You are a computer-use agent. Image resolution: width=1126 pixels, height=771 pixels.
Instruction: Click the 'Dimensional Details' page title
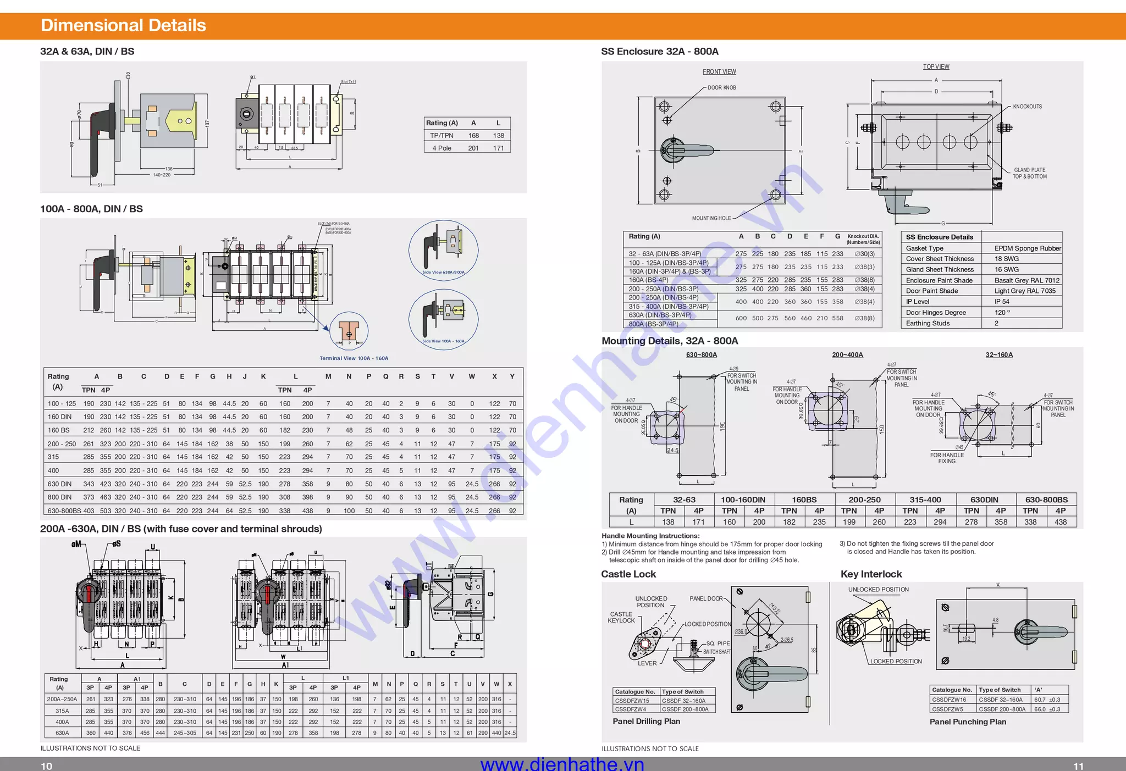(123, 25)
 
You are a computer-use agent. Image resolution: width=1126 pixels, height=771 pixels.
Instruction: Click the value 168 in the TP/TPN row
(473, 135)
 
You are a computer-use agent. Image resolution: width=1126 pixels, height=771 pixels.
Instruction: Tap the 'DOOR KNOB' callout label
(721, 87)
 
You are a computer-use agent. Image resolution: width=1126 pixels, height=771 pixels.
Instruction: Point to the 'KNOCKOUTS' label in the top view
(1027, 107)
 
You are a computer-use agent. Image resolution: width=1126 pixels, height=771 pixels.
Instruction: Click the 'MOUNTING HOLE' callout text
(711, 218)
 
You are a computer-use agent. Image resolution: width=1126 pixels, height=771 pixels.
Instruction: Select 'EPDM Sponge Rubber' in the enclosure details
(1027, 248)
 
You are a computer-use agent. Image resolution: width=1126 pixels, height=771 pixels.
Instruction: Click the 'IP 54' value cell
(1002, 302)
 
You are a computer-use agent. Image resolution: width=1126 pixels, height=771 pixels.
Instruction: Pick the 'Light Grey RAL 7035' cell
(1025, 291)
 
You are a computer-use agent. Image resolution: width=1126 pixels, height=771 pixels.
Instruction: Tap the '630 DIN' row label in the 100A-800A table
(59, 484)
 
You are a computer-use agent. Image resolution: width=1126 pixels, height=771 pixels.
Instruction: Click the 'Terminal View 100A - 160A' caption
(354, 358)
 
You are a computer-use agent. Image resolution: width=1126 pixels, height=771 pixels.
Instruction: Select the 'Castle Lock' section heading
(628, 574)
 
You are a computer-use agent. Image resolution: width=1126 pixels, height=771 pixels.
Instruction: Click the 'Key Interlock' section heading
(871, 574)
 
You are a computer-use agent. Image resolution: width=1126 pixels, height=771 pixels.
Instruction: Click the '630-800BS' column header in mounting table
(1046, 500)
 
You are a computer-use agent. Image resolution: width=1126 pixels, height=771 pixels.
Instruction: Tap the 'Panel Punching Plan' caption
(968, 722)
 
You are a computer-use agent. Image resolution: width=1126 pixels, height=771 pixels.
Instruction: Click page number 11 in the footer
(1078, 766)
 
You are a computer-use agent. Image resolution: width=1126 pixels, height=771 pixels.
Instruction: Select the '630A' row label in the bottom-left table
(62, 733)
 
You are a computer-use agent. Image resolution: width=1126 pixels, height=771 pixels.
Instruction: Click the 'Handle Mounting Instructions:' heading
(650, 536)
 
